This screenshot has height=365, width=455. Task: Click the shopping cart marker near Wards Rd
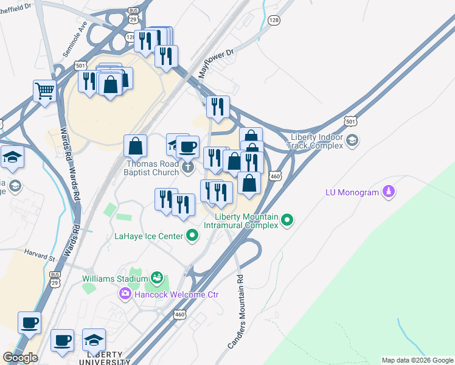(x=44, y=92)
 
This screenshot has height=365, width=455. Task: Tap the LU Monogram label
(x=352, y=193)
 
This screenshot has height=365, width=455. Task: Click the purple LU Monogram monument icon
(x=387, y=192)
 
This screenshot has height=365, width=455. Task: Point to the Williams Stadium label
(x=115, y=279)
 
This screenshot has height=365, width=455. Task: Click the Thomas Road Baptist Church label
(x=152, y=167)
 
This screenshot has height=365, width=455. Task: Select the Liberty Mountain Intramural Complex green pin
(x=288, y=220)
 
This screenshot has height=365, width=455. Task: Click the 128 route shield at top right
(x=274, y=21)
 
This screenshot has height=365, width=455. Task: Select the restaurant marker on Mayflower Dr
(x=217, y=106)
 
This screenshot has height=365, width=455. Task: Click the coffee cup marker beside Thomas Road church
(x=188, y=146)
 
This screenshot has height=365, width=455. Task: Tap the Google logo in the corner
(x=21, y=358)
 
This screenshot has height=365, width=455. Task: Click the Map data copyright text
(x=417, y=360)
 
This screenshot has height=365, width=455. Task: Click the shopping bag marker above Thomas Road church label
(x=135, y=146)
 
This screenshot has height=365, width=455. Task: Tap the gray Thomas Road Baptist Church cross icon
(x=188, y=167)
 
